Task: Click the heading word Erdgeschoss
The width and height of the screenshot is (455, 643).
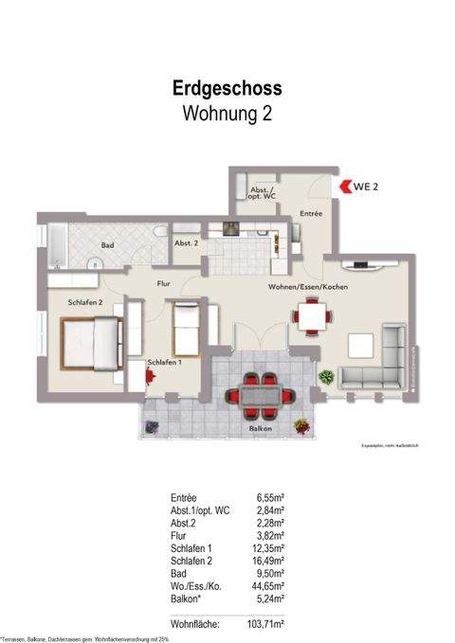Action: tap(227, 89)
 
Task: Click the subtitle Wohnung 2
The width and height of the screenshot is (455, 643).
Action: tap(227, 115)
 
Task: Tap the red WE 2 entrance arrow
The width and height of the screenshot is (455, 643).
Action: tap(344, 187)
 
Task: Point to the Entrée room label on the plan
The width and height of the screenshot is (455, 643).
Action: tap(311, 215)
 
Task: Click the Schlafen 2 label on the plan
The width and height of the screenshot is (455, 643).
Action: tap(84, 301)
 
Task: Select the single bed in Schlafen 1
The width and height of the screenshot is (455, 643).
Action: tap(184, 328)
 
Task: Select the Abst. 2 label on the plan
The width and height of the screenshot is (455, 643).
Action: tap(186, 243)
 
